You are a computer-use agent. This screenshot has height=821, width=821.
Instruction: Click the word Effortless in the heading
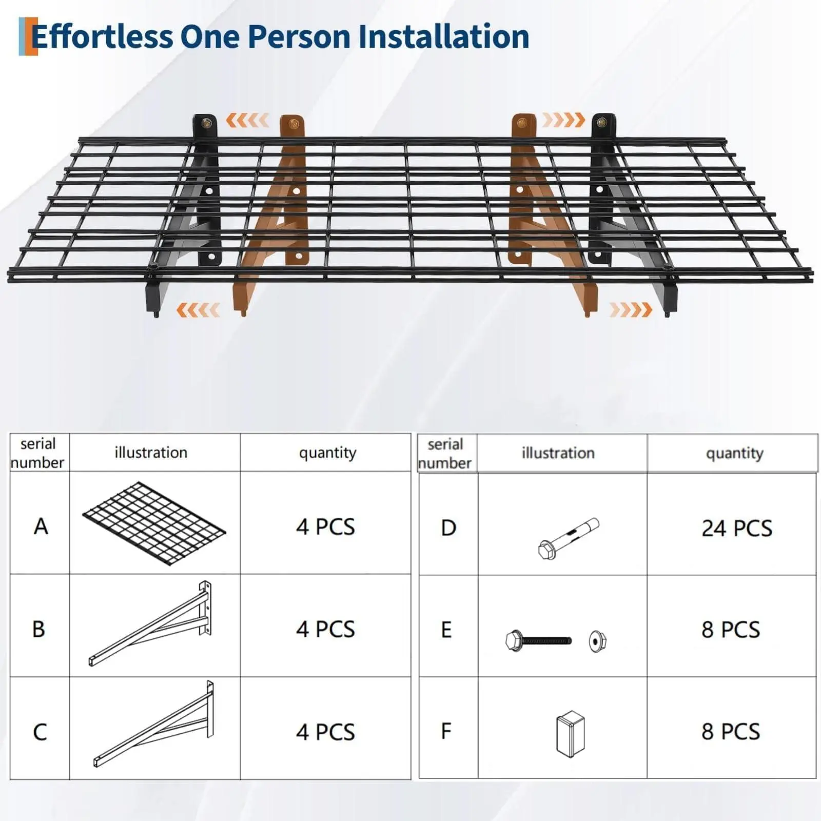click(x=102, y=37)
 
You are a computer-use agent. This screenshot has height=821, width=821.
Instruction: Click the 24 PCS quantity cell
click(x=737, y=528)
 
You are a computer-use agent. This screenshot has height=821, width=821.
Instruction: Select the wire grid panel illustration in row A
click(x=154, y=523)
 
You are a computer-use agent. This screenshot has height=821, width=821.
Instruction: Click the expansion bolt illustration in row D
click(x=569, y=539)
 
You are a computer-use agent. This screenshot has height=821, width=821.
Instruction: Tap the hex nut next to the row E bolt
click(x=597, y=641)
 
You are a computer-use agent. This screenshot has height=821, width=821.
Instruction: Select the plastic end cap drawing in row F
click(x=570, y=734)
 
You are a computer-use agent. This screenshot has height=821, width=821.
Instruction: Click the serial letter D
click(x=448, y=528)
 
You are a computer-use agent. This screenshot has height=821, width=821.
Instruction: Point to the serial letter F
click(x=446, y=731)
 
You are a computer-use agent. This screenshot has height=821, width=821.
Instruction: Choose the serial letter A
click(x=41, y=526)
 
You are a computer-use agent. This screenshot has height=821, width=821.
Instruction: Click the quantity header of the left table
click(x=327, y=453)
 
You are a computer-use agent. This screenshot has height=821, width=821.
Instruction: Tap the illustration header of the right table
click(x=558, y=453)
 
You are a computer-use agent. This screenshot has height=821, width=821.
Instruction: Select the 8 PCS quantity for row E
click(x=731, y=630)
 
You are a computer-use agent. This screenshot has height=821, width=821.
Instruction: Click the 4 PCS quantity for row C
click(x=325, y=732)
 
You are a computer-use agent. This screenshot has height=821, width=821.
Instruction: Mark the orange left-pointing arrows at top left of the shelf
click(x=247, y=120)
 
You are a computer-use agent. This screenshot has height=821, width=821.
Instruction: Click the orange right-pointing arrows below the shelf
click(x=631, y=310)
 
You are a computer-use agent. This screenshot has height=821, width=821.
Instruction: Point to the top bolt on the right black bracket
click(x=602, y=123)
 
